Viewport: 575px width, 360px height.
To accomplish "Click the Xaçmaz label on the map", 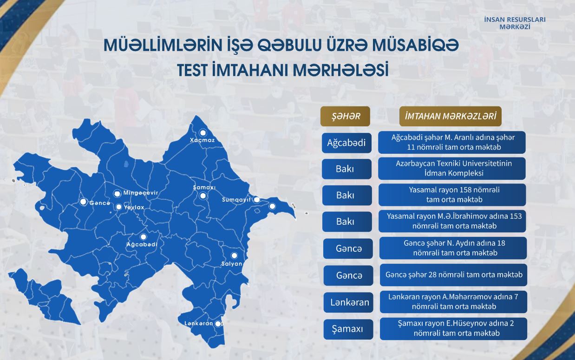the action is click(x=203, y=140).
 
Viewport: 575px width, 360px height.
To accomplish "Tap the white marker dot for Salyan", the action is click(x=234, y=255).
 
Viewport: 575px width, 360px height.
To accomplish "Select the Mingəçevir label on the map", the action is click(x=141, y=193).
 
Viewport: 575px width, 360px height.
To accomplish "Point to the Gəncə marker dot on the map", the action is click(x=83, y=202).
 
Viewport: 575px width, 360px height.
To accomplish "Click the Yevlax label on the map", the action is click(x=134, y=207).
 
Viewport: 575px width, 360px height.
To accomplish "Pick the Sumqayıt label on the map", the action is click(x=236, y=200).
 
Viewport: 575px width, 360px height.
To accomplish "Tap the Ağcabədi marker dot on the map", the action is click(x=143, y=236).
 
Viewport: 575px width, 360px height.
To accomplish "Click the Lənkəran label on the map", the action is click(x=199, y=323).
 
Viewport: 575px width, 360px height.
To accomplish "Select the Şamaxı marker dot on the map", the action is click(x=203, y=196).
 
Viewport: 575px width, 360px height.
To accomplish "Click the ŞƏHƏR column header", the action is click(x=345, y=116).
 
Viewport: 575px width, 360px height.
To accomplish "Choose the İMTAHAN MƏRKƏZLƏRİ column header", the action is click(x=451, y=116).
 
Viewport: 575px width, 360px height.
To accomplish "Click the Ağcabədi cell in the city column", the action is click(x=346, y=143).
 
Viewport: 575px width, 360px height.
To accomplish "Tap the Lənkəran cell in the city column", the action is click(x=348, y=302).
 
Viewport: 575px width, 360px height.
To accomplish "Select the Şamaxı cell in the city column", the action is click(x=348, y=329).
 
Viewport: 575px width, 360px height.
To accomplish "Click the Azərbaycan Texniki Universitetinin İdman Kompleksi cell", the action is click(x=452, y=169).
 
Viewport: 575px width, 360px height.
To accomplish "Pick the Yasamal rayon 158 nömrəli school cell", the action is click(x=452, y=195).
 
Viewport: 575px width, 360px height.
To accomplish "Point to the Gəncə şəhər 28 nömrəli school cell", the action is click(x=454, y=275).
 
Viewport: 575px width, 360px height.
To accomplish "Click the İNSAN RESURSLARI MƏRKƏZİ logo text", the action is click(x=515, y=23).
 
